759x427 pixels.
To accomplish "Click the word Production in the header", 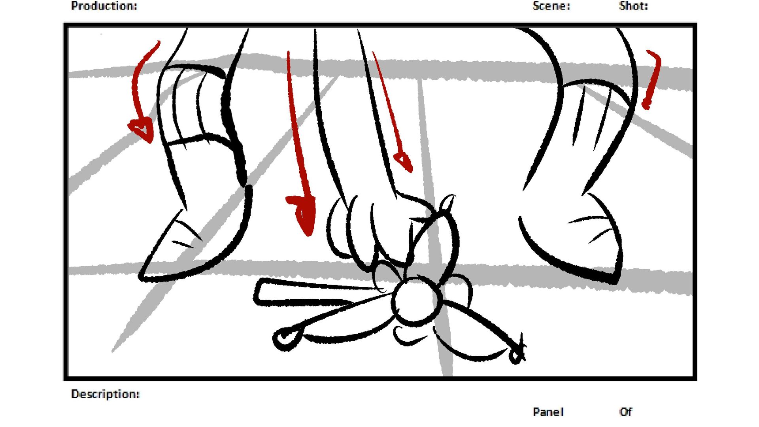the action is coord(104,6).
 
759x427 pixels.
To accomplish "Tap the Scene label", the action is coord(551,6).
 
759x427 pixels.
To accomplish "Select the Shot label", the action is coord(634,6).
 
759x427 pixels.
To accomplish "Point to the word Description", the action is coord(105,394).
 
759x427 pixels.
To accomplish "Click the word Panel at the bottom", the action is coord(548,412).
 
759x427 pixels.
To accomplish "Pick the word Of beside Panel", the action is coord(626,412).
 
